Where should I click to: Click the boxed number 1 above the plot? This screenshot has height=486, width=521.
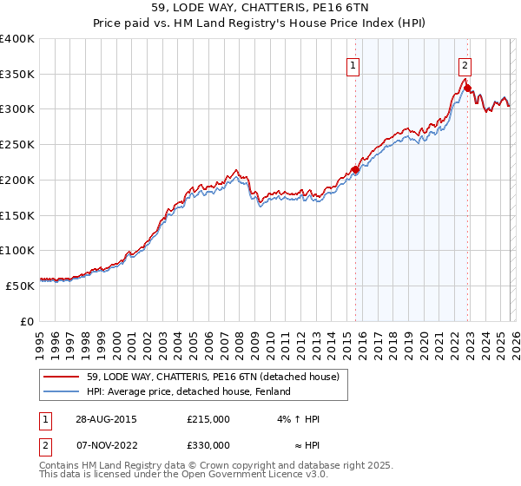pyautogui.click(x=354, y=64)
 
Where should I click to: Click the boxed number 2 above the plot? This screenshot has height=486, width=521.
pyautogui.click(x=465, y=64)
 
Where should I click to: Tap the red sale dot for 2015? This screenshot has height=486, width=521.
pyautogui.click(x=354, y=169)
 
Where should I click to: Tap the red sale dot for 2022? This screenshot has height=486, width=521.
pyautogui.click(x=467, y=88)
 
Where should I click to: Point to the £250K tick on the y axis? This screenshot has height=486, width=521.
pyautogui.click(x=17, y=145)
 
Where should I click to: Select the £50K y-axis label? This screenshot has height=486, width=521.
pyautogui.click(x=20, y=286)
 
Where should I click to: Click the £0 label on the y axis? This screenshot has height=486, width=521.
pyautogui.click(x=27, y=321)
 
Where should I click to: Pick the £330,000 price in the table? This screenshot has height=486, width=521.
pyautogui.click(x=208, y=445)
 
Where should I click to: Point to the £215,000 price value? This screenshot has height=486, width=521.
pyautogui.click(x=208, y=419)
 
